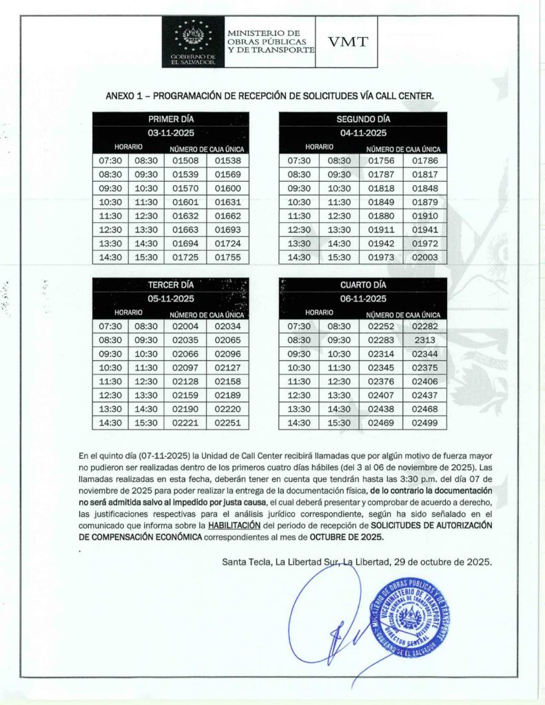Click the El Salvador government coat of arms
pos(193,36)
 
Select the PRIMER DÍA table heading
pos(171,119)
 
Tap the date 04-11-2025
pos(362,133)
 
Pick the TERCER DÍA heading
pos(171,285)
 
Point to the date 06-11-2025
pos(362,299)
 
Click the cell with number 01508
pos(185,161)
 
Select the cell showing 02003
pos(424,257)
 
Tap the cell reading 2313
pos(424,340)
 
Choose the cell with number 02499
pos(424,423)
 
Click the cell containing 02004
pos(185,326)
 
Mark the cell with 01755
pos(227,257)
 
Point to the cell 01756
pos(381,161)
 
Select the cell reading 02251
pos(227,423)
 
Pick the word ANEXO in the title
pos(120,96)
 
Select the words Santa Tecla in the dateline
pos(245,562)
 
